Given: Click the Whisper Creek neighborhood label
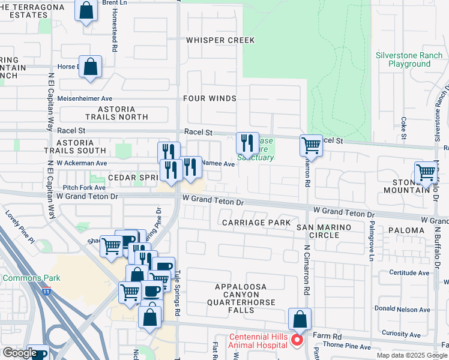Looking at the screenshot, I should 220,40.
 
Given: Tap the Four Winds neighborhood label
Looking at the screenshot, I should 209,98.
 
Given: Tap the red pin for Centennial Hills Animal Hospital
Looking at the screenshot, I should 297,340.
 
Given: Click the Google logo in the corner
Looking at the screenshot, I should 19,353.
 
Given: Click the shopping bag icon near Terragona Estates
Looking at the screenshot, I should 86,10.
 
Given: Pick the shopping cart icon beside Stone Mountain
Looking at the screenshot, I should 426,172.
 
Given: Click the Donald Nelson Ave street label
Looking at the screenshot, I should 410,310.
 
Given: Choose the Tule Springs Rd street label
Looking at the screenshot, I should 178,292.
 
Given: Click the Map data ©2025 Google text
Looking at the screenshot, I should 412,355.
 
